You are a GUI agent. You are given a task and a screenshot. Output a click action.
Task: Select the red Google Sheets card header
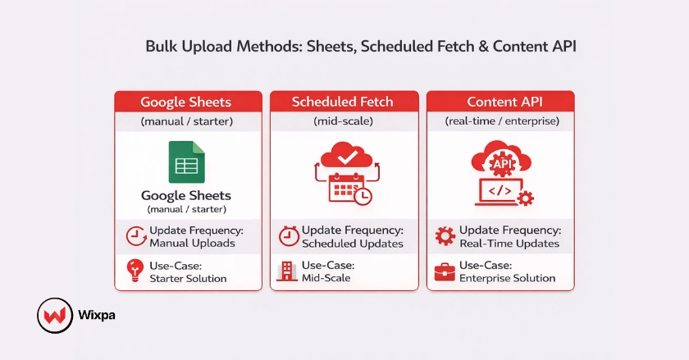[x=187, y=102]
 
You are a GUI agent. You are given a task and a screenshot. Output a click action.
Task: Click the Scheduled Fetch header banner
[x=343, y=102]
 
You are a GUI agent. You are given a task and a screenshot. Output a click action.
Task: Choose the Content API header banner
[x=501, y=102]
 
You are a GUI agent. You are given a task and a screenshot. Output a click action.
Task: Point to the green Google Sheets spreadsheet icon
[x=186, y=162]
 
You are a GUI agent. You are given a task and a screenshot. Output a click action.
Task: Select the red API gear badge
[x=501, y=163]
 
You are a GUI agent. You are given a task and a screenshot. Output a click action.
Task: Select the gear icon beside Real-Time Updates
[x=445, y=237]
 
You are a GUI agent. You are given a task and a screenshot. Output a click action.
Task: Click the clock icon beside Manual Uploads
[x=135, y=237]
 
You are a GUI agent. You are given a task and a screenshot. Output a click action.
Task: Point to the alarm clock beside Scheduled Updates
[x=288, y=236]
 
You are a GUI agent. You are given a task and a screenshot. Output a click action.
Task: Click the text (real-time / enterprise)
[x=501, y=121]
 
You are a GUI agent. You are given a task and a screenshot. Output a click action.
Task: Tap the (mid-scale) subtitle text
[x=343, y=121]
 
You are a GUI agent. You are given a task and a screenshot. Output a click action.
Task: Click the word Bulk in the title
[x=161, y=47]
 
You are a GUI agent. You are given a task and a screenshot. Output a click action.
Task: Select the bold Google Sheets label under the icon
[x=186, y=196]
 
